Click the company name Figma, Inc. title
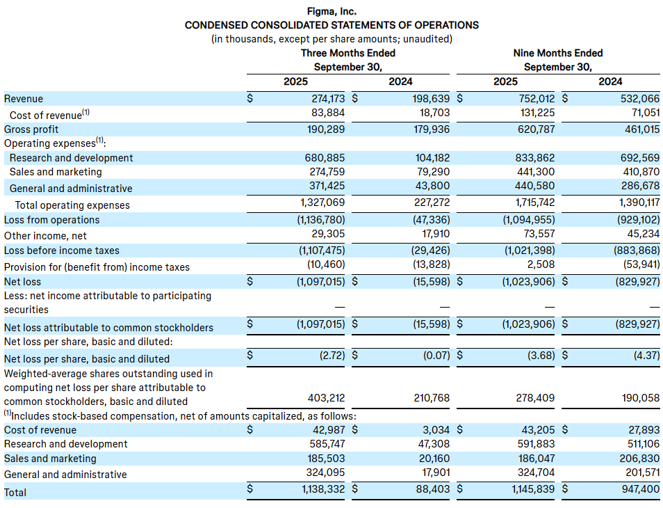tap(331, 10)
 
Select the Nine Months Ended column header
tap(557, 53)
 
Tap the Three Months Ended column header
tap(347, 53)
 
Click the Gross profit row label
tap(31, 129)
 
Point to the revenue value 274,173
tap(327, 99)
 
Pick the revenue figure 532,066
tap(640, 99)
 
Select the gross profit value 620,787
tap(535, 129)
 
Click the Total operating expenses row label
tap(72, 205)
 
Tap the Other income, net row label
tap(45, 236)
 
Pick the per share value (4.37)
tap(643, 359)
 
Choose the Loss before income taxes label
tap(62, 251)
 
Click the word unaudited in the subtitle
tap(429, 39)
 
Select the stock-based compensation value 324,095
tap(327, 475)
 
